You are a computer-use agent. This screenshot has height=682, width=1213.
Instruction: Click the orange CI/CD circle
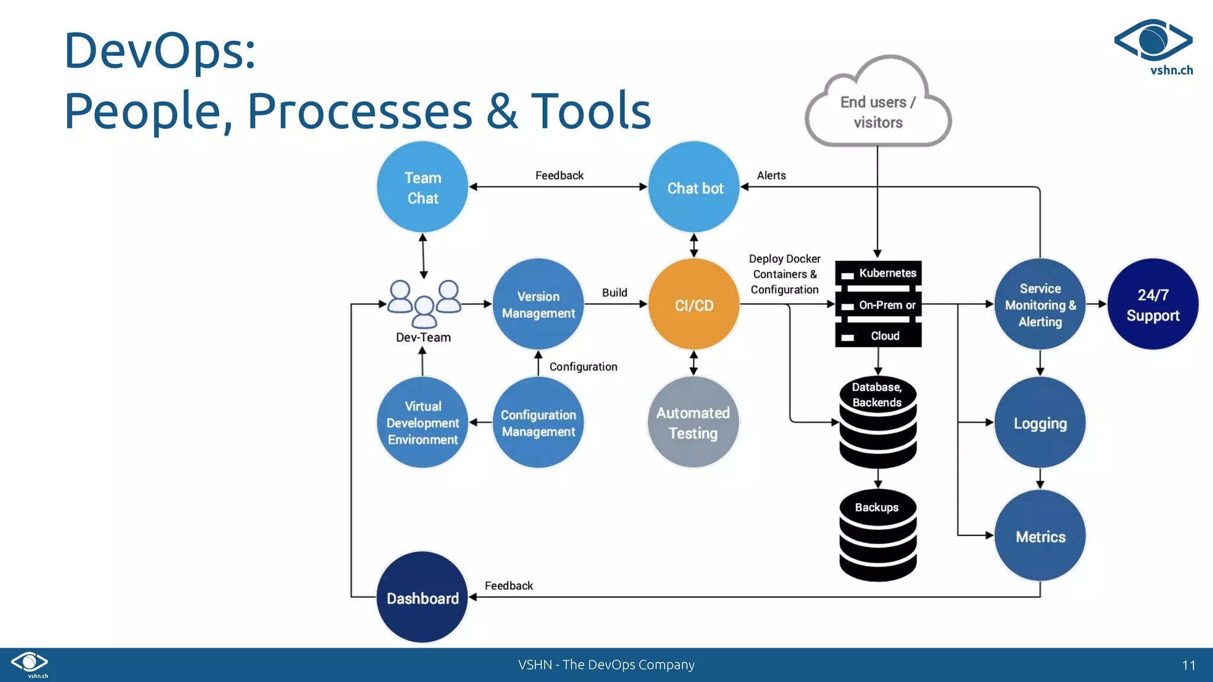click(694, 304)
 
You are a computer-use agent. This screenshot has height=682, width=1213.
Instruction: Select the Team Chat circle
click(422, 187)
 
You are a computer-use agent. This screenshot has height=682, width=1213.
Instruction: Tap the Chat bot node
click(694, 187)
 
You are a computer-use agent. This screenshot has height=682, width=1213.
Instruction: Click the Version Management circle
click(538, 304)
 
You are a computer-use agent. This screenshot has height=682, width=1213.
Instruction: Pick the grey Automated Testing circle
click(693, 422)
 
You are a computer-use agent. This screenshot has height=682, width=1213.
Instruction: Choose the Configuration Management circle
click(538, 422)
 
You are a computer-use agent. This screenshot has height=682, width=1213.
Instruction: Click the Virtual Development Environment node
click(422, 422)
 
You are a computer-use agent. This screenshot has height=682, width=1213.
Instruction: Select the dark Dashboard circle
click(422, 597)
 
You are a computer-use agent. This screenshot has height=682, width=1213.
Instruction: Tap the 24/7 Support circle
click(1153, 304)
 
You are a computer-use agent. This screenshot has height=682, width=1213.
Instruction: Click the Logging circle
click(1040, 422)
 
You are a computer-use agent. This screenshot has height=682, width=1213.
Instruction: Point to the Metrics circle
click(1040, 536)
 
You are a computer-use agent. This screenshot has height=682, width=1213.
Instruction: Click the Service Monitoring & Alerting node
click(1040, 304)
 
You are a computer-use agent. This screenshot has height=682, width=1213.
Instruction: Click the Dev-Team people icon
click(423, 303)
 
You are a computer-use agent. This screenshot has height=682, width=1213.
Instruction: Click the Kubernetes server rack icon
click(878, 304)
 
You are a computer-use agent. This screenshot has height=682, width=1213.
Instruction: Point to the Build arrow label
click(614, 292)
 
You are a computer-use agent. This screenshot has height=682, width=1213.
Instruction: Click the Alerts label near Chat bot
click(771, 175)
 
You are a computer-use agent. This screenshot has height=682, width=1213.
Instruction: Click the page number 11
click(1188, 665)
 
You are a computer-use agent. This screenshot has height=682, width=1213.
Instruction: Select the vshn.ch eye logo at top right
click(1153, 41)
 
